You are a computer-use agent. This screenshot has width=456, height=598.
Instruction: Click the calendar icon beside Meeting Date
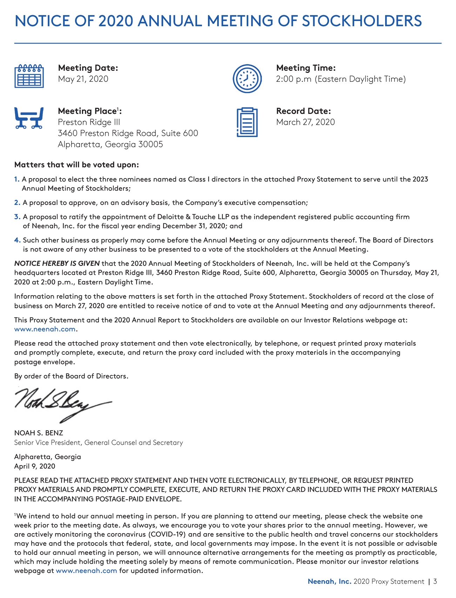click(29, 76)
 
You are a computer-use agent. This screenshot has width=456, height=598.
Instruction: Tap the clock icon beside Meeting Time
click(247, 78)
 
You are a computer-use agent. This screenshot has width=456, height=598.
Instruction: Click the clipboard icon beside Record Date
click(247, 122)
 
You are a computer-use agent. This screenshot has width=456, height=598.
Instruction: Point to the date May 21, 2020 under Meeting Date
click(83, 79)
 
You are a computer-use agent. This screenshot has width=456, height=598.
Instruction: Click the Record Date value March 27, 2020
click(305, 122)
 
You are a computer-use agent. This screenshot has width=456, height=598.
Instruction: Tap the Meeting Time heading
click(306, 68)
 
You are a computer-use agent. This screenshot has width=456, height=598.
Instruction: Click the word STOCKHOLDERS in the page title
click(362, 21)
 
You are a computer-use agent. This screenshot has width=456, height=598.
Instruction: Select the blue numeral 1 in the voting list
click(16, 179)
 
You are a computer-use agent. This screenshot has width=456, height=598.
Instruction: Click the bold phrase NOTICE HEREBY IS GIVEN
click(57, 263)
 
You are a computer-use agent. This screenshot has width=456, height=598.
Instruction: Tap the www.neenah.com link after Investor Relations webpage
click(45, 329)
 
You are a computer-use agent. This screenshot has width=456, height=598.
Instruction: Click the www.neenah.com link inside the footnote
click(86, 571)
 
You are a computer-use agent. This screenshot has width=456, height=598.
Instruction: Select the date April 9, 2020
click(35, 466)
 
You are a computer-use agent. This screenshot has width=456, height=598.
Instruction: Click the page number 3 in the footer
click(435, 582)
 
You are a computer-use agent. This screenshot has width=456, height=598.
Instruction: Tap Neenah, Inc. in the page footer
click(329, 582)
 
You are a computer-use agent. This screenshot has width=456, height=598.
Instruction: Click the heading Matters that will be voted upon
click(76, 165)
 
